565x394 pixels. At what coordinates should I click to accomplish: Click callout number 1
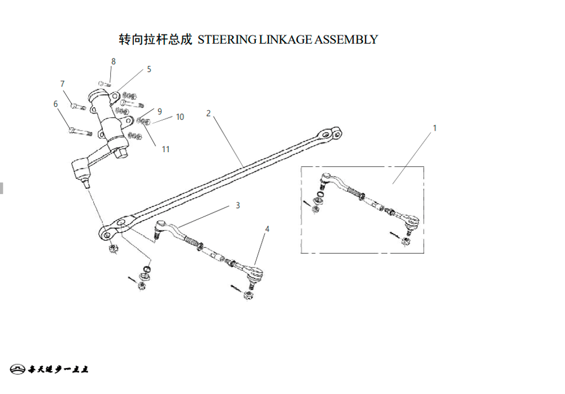(x=434, y=128)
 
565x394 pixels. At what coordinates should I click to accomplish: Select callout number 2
(x=208, y=113)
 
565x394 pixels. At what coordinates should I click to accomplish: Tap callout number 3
(x=238, y=205)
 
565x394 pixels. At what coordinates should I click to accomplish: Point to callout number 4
(x=267, y=229)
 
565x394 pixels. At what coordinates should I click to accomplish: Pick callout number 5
(x=149, y=69)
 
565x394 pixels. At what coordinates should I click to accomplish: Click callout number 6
(x=55, y=104)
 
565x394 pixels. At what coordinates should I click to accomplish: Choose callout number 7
(x=63, y=84)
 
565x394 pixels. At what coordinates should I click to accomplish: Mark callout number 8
(x=113, y=61)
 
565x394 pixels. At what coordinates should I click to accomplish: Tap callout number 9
(x=160, y=111)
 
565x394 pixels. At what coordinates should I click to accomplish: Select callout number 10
(x=180, y=117)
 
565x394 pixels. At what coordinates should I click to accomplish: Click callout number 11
(x=166, y=149)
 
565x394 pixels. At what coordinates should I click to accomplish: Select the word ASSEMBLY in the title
(x=346, y=40)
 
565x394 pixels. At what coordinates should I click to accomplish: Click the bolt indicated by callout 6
(x=79, y=132)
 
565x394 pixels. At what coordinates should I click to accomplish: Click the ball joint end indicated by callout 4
(x=256, y=275)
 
